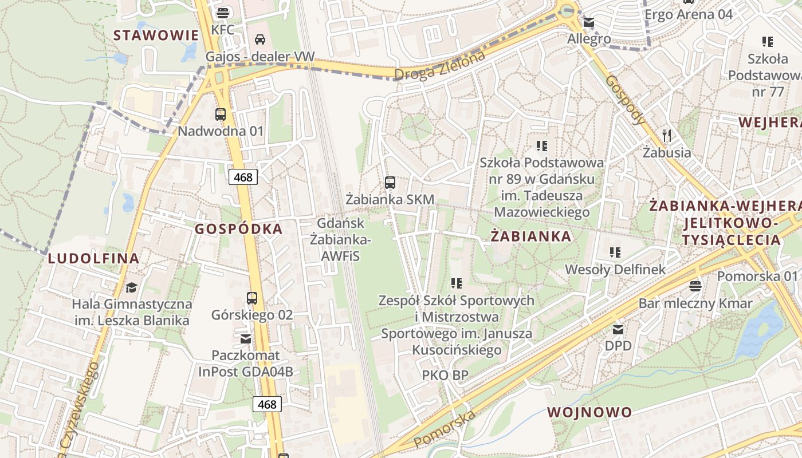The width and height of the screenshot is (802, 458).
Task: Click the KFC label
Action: [x=223, y=30]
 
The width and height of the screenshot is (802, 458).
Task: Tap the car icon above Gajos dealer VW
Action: [x=260, y=40]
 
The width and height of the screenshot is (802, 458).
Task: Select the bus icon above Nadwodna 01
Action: [x=221, y=114]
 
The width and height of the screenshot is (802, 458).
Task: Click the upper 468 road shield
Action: [x=243, y=177]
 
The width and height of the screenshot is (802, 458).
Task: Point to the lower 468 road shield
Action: [x=267, y=404]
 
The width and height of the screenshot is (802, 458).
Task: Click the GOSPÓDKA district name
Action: [x=239, y=229]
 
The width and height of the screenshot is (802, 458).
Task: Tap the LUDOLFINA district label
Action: [x=93, y=258]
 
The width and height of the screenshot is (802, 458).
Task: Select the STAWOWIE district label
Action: [x=156, y=35]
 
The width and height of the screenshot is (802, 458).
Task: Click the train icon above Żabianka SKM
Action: [x=390, y=183]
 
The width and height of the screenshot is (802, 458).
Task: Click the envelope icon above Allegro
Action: [x=589, y=23]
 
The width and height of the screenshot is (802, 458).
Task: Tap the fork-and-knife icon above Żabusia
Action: [x=666, y=136]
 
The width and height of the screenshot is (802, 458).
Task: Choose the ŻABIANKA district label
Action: [x=531, y=236]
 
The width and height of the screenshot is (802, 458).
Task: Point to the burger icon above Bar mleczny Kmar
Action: [x=695, y=286]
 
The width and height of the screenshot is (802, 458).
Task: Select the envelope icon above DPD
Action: [x=618, y=329]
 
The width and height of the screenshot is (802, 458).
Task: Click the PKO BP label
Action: [x=445, y=376]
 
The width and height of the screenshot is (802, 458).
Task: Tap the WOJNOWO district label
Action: [x=589, y=412]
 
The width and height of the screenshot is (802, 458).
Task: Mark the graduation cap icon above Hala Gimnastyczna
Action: [x=132, y=287]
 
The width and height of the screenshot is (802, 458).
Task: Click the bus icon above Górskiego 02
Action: [x=252, y=298]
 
